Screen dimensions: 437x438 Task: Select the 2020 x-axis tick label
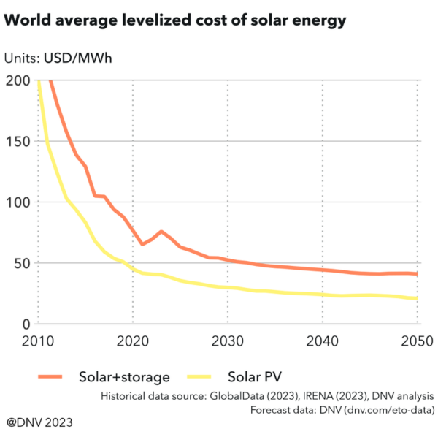coord(133,341)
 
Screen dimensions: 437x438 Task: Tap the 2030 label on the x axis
coord(228,341)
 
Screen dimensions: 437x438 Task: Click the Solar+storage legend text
coord(124,377)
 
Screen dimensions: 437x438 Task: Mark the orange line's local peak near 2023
coord(161,232)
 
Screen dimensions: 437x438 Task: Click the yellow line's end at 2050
coord(416,298)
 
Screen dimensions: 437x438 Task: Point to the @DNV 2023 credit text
coord(39,422)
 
